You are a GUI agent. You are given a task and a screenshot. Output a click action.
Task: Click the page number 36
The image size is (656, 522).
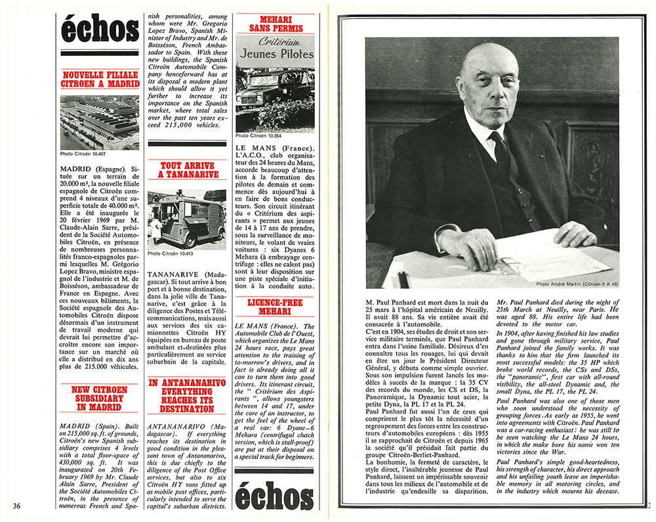17,505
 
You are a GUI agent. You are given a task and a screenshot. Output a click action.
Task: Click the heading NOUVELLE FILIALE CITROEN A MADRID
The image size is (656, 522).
100,79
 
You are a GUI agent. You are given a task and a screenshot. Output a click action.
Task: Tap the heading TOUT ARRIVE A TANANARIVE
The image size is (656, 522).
188,170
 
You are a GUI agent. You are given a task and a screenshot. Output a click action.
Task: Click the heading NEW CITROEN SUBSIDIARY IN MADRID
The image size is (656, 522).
99,398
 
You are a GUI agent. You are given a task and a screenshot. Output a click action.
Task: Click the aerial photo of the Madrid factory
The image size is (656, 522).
100,121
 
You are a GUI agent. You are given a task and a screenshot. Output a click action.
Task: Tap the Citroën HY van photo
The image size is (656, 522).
188,219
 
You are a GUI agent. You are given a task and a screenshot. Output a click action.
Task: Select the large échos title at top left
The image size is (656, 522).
100,30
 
